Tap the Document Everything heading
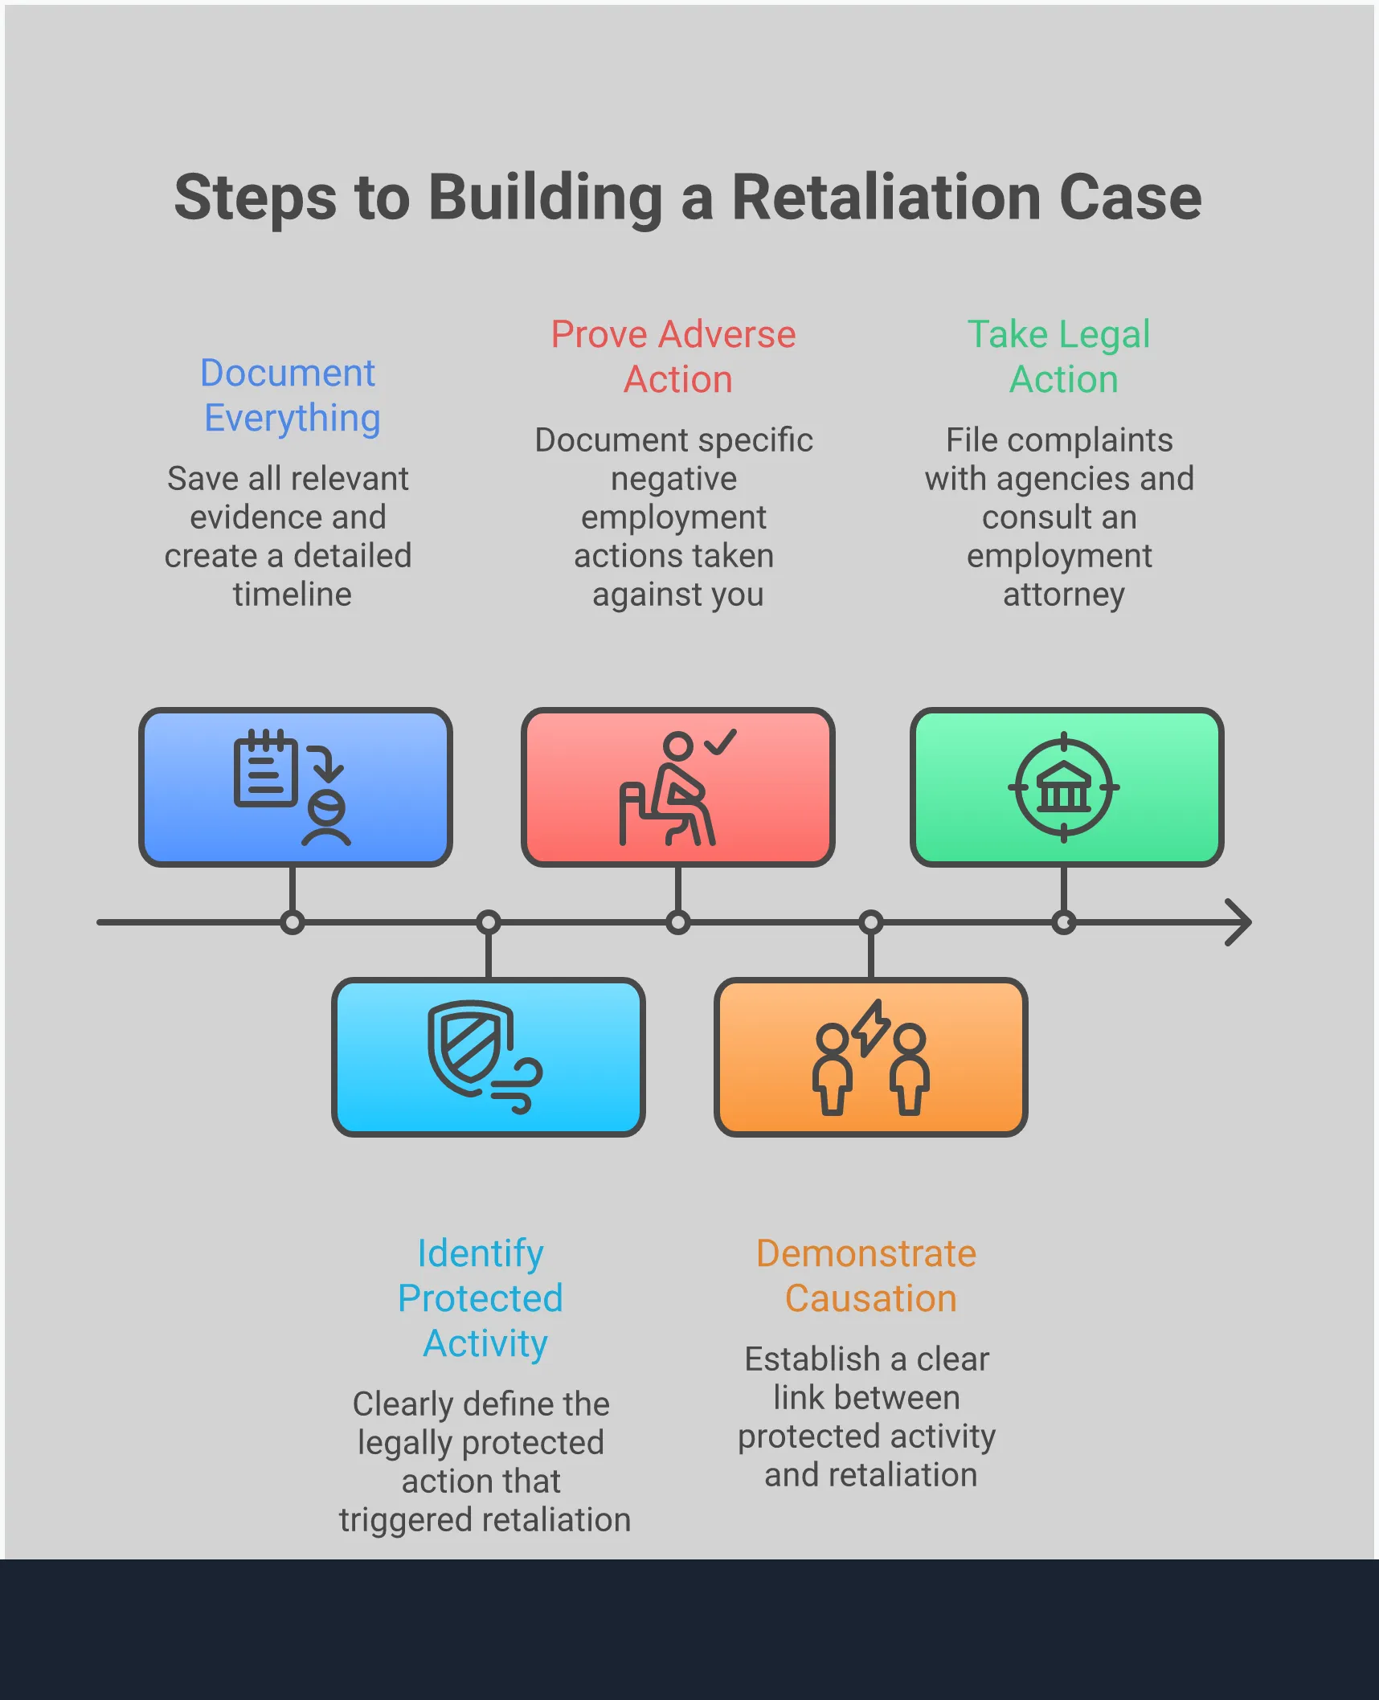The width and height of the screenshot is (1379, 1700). [289, 395]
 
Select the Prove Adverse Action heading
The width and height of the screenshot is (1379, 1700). [674, 356]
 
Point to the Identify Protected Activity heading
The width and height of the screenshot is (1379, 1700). [481, 1297]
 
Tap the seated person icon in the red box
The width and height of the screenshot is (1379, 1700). [670, 792]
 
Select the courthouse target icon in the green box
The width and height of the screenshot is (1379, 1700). [1063, 787]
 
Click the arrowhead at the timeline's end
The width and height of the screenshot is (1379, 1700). [1239, 922]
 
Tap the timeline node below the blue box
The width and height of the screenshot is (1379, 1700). [293, 922]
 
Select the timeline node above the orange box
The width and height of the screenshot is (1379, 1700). [870, 922]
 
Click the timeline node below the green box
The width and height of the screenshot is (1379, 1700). [1063, 922]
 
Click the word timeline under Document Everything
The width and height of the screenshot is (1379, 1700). [292, 595]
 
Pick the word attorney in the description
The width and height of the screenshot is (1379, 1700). [1063, 595]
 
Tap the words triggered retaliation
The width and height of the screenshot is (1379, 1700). [485, 1520]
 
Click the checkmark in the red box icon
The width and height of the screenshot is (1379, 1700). [721, 742]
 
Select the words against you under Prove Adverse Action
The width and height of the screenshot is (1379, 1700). [677, 595]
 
